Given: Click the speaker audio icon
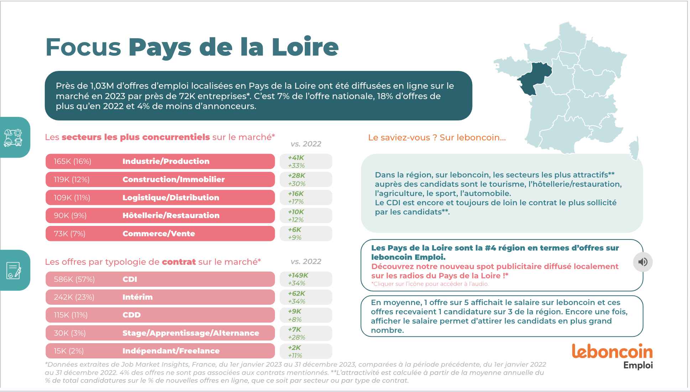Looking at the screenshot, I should pyautogui.click(x=643, y=262).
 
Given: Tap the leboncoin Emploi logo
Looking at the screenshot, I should pyautogui.click(x=612, y=356).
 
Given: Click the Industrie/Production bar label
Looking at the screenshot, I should pyautogui.click(x=166, y=161).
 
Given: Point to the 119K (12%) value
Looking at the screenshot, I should pyautogui.click(x=72, y=180).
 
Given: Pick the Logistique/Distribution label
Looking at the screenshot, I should pyautogui.click(x=171, y=198).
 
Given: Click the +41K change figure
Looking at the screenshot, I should pyautogui.click(x=296, y=158).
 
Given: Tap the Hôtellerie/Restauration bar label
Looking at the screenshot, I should pyautogui.click(x=171, y=216).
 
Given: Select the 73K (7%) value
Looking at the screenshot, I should pyautogui.click(x=69, y=234).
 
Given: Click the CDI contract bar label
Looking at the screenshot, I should pyautogui.click(x=130, y=279).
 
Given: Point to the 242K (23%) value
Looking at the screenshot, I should pyautogui.click(x=74, y=297).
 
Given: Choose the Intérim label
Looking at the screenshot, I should pyautogui.click(x=137, y=297).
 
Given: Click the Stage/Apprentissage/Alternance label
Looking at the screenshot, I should pyautogui.click(x=191, y=333).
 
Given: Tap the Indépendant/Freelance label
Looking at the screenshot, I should pyautogui.click(x=171, y=351).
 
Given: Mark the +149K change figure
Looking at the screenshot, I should pyautogui.click(x=298, y=275).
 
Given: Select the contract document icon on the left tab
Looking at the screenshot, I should pyautogui.click(x=14, y=270).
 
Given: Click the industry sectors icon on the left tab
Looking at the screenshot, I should pyautogui.click(x=13, y=138).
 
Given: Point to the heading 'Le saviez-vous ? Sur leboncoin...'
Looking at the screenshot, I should pyautogui.click(x=437, y=138).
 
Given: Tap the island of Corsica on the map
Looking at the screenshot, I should pyautogui.click(x=634, y=148).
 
